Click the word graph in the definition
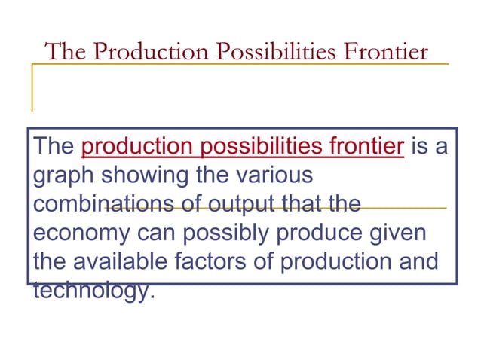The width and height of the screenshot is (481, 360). tap(63, 175)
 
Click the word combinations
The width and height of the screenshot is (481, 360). tap(97, 204)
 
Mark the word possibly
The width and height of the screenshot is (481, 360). tap(231, 233)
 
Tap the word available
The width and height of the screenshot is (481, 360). tap(124, 261)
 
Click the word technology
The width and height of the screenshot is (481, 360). tap(92, 290)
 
